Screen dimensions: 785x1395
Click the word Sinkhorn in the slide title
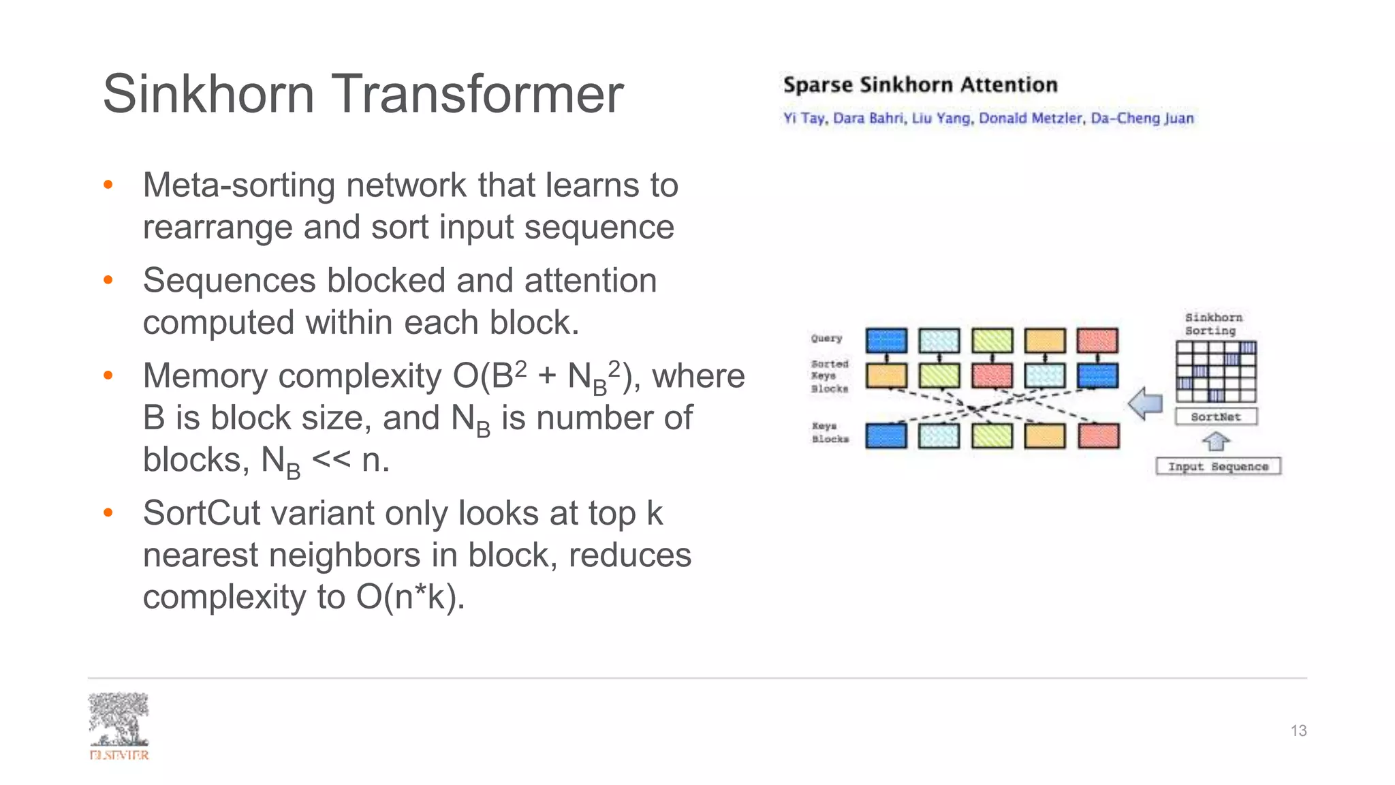pos(208,94)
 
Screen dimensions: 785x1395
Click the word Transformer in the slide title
pos(477,94)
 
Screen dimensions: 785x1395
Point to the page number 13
pos(1298,730)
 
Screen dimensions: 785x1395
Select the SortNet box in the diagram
pos(1216,416)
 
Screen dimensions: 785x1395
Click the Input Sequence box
pos(1218,466)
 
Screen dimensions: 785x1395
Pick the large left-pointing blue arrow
pos(1146,403)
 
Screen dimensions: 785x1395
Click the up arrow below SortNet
pos(1216,442)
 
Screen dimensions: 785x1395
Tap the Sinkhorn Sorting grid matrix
pos(1216,372)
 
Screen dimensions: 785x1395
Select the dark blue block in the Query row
pos(885,340)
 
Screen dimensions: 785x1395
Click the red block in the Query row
pos(1097,340)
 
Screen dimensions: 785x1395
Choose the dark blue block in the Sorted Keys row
pos(1097,375)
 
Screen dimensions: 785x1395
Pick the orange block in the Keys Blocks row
pos(1044,435)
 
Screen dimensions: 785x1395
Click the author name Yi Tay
pos(804,118)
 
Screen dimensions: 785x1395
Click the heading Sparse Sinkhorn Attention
pos(920,84)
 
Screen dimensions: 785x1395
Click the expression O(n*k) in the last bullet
pos(410,597)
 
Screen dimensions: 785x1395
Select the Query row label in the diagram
pos(826,338)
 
